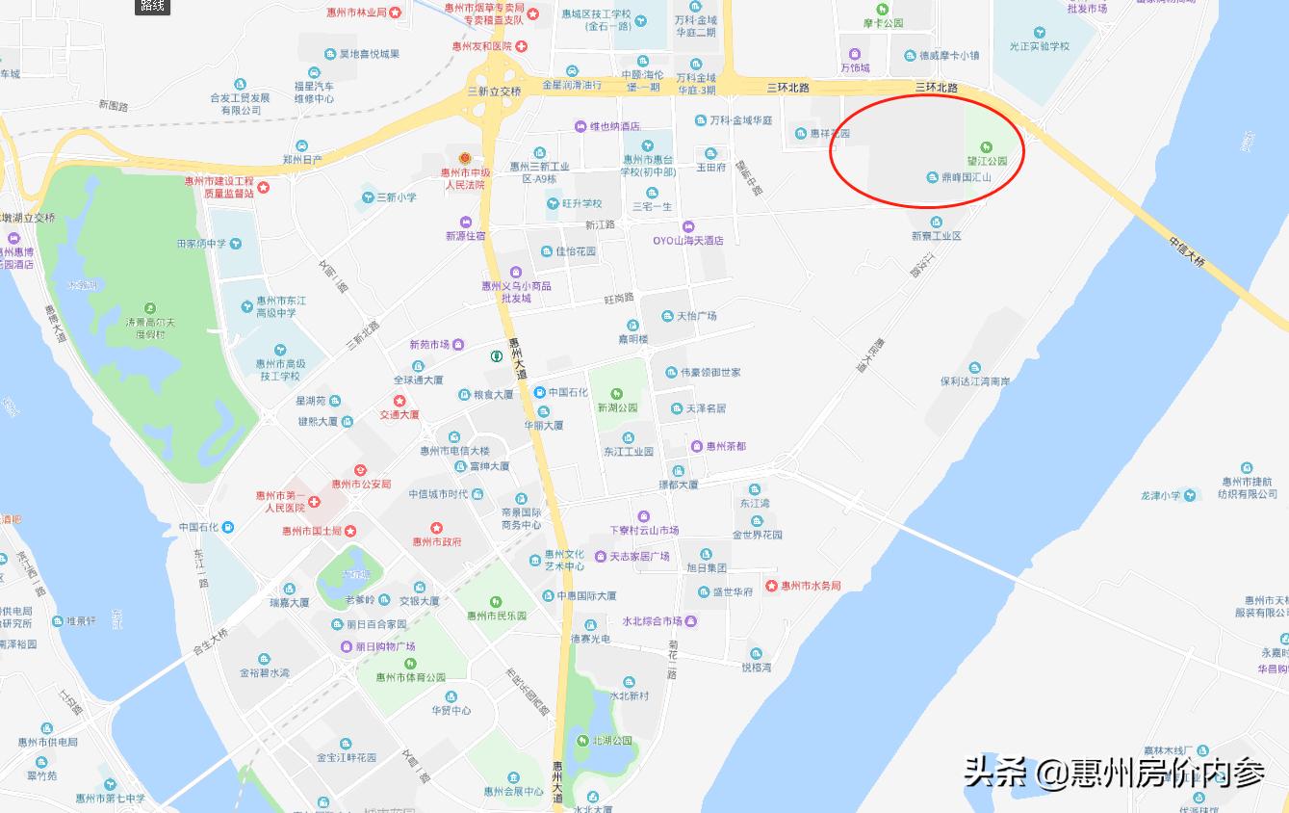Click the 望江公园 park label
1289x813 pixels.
[988, 161]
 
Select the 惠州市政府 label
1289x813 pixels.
[437, 541]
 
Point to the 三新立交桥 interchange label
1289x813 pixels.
[494, 92]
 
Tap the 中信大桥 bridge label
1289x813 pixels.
[1187, 251]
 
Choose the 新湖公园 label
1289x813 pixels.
[617, 407]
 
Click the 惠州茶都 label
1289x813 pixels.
[726, 446]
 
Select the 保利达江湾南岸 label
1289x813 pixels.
[975, 381]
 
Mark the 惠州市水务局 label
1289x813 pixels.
[811, 586]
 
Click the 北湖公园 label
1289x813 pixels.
[612, 740]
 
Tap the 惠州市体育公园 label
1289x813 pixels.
[411, 677]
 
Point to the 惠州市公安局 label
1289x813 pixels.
[361, 484]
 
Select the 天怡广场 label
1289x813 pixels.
[696, 316]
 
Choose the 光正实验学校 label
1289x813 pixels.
[1039, 45]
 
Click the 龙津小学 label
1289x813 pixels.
[1160, 496]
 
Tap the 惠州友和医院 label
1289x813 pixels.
[482, 46]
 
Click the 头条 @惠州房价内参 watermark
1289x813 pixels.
[1115, 773]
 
